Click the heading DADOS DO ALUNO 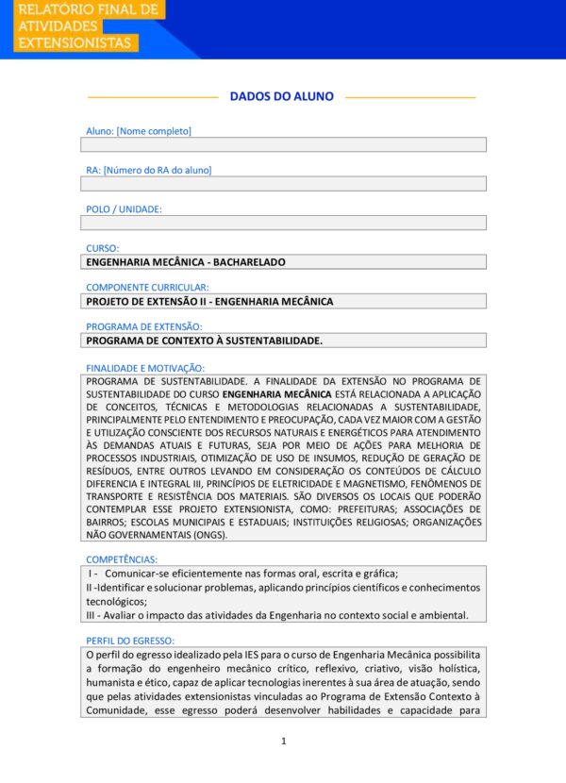[x=281, y=96]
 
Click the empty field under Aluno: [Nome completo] [x=283, y=144]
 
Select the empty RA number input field [x=283, y=184]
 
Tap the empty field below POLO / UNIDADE [x=283, y=223]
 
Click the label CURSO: [x=103, y=248]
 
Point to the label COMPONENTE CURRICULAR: [x=147, y=287]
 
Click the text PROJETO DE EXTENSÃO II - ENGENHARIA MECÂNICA [x=209, y=302]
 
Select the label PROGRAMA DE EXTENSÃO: [x=144, y=326]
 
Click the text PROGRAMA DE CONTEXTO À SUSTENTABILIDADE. [x=204, y=341]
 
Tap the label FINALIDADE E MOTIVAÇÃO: [x=145, y=367]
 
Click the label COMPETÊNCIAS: [x=122, y=559]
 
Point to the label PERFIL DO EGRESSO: [x=130, y=641]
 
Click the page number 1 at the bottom [x=283, y=741]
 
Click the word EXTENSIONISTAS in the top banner [x=75, y=43]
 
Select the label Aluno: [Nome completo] [x=139, y=131]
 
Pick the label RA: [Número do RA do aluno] [x=149, y=170]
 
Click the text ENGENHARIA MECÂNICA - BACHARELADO [x=185, y=262]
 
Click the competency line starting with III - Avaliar [x=276, y=615]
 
